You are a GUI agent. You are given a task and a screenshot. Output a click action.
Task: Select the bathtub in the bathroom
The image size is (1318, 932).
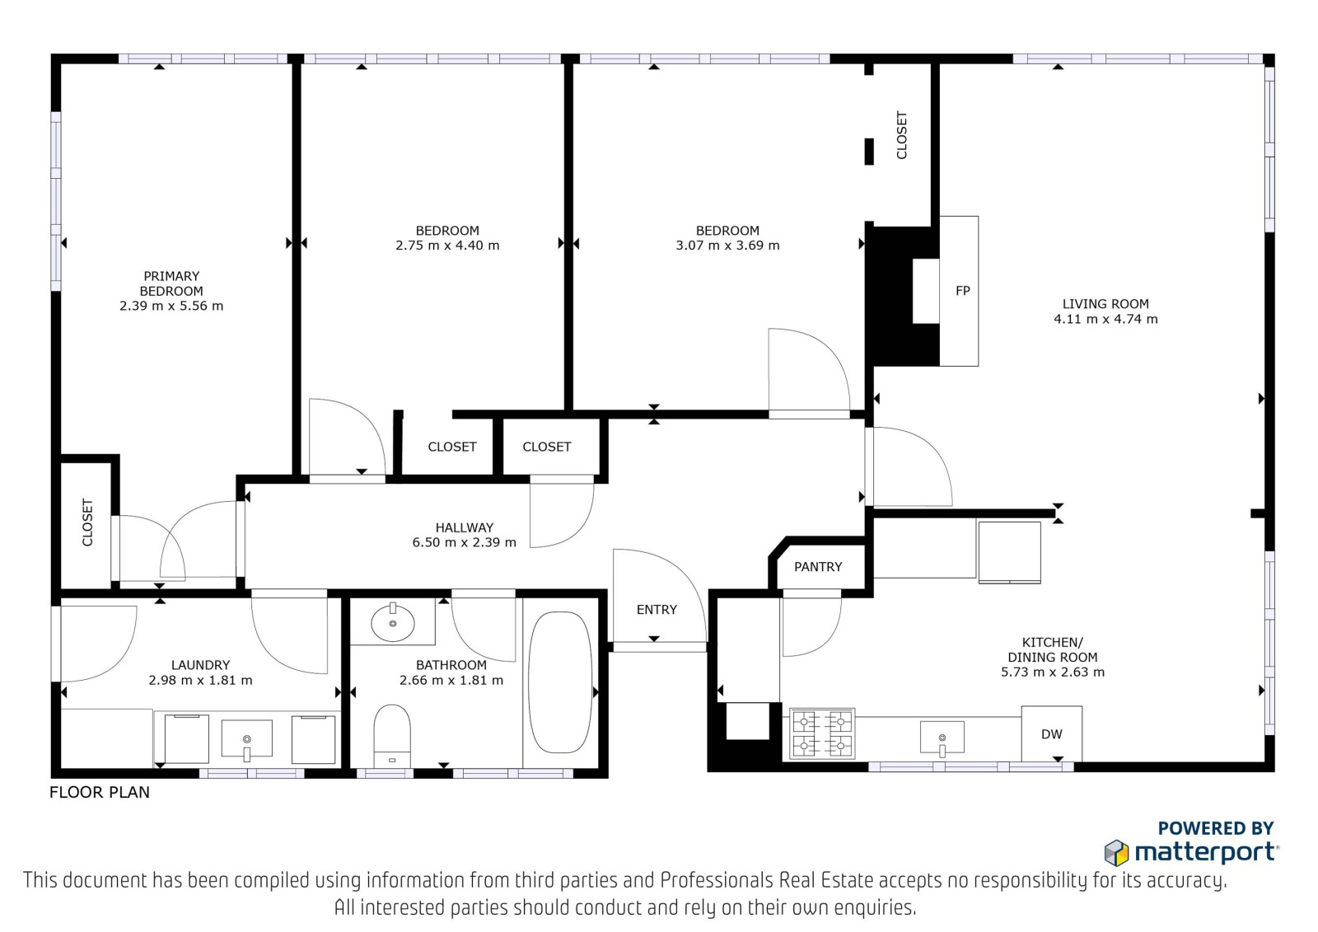560,682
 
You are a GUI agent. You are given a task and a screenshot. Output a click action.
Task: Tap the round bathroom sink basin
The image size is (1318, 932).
392,622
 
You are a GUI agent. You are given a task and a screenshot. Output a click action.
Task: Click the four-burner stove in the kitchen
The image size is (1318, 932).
822,733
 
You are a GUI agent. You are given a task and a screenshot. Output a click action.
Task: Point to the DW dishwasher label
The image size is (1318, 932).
1051,734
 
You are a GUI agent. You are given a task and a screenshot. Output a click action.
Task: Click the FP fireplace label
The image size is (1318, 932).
963,290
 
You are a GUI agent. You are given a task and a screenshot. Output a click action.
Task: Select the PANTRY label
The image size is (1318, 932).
818,566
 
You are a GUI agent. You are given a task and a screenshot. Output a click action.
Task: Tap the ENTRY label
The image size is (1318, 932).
657,609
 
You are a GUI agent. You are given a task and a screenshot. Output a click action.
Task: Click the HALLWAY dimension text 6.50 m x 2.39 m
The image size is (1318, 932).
465,542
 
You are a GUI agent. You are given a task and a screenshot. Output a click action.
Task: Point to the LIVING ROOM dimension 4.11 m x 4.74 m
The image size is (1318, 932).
1105,319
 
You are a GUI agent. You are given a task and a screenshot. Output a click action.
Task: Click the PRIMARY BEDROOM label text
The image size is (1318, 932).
171,283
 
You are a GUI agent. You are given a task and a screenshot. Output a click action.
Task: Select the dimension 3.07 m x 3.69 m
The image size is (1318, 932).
727,246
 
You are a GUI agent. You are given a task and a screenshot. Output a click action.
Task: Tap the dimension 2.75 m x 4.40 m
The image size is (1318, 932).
447,246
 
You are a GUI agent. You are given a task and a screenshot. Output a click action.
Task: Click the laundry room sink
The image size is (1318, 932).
246,738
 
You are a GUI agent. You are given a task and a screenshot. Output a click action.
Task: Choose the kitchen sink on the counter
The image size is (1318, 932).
942,738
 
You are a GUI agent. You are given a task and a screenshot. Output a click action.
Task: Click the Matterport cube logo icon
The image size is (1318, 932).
1116,853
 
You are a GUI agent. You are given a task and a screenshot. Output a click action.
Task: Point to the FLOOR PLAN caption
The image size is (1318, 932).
100,793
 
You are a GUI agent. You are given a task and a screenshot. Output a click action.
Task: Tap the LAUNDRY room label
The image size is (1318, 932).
200,665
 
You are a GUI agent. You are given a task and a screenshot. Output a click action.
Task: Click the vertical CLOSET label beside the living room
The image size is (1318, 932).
901,135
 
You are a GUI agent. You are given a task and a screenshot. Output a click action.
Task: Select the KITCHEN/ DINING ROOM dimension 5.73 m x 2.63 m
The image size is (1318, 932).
1053,672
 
